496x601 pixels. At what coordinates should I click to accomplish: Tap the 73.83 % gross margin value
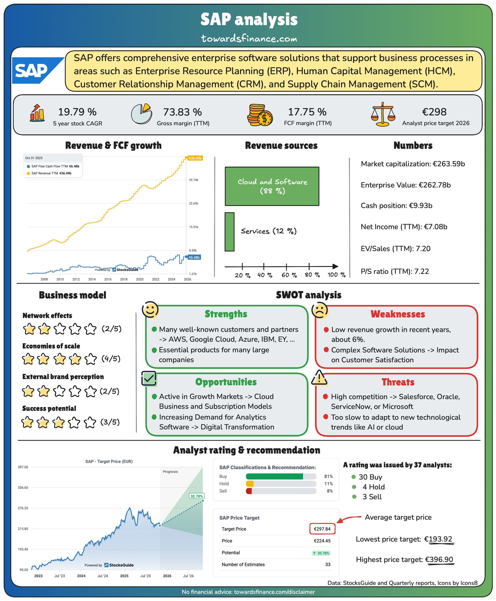point(182,112)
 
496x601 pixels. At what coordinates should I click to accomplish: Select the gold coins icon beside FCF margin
point(260,115)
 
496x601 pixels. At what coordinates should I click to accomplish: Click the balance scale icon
point(383,114)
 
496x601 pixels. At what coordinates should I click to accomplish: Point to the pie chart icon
point(141,113)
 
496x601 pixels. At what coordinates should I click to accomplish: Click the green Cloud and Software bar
point(272,186)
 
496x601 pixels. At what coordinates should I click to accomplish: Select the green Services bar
point(229,232)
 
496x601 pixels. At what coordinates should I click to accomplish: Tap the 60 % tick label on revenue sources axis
point(289,275)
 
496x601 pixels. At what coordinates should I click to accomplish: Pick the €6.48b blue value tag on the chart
point(194,257)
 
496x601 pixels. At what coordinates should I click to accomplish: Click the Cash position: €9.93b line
point(396,206)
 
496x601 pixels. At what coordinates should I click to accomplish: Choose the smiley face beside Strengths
point(150,309)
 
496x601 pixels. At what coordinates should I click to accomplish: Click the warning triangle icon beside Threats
point(319,377)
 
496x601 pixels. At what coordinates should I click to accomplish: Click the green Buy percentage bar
point(274,476)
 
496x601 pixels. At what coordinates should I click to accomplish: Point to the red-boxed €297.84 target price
point(322,529)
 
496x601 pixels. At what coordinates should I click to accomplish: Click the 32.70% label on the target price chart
point(197,496)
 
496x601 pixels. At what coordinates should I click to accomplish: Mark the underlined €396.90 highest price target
point(439,559)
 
